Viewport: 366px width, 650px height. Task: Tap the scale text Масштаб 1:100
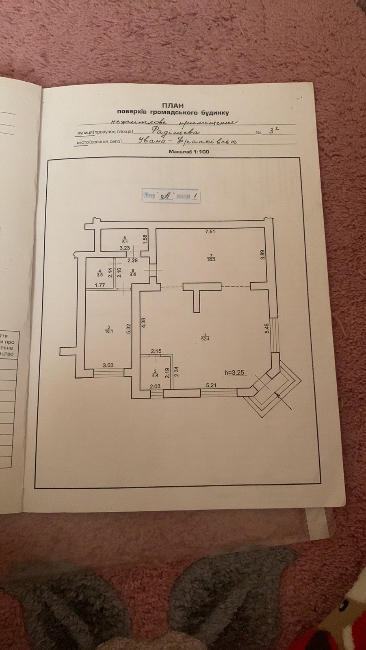[188, 152]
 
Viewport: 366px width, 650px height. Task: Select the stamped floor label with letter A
[171, 195]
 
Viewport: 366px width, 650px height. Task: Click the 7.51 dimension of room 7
[210, 232]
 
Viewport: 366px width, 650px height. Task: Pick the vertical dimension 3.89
[262, 255]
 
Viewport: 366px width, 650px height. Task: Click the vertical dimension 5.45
[266, 328]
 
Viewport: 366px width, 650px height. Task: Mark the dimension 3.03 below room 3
[108, 365]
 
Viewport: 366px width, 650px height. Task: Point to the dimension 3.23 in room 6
[124, 247]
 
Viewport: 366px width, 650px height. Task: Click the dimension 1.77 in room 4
[100, 285]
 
